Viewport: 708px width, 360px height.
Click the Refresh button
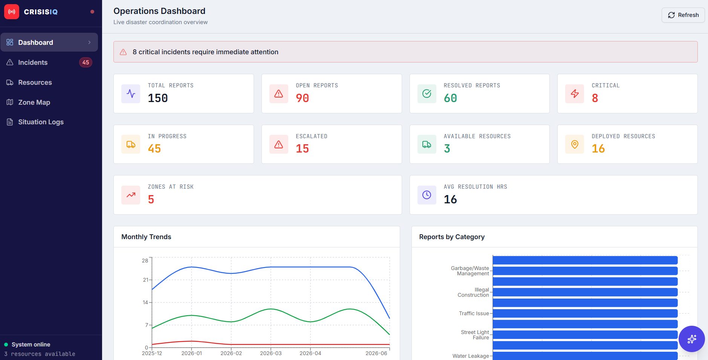click(x=683, y=15)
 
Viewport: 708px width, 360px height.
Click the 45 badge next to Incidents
click(x=86, y=63)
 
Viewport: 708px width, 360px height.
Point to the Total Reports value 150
click(x=158, y=98)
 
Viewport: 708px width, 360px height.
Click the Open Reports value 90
click(x=303, y=98)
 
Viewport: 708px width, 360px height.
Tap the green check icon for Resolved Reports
click(x=427, y=94)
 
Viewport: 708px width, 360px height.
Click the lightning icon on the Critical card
click(x=575, y=94)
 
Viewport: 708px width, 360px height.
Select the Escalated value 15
click(x=303, y=149)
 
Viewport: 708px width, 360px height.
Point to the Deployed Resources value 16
click(x=598, y=149)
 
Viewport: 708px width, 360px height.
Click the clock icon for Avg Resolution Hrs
click(x=427, y=195)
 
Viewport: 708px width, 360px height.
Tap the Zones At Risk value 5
click(x=151, y=200)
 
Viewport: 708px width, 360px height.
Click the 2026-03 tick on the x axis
click(x=271, y=353)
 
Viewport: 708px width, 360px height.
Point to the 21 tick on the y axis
click(x=145, y=280)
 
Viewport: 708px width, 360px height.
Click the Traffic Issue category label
click(x=474, y=313)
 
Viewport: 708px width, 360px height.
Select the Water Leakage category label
click(x=471, y=356)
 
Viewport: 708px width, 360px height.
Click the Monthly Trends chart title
click(x=146, y=237)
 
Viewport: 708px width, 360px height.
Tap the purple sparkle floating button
click(x=692, y=339)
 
